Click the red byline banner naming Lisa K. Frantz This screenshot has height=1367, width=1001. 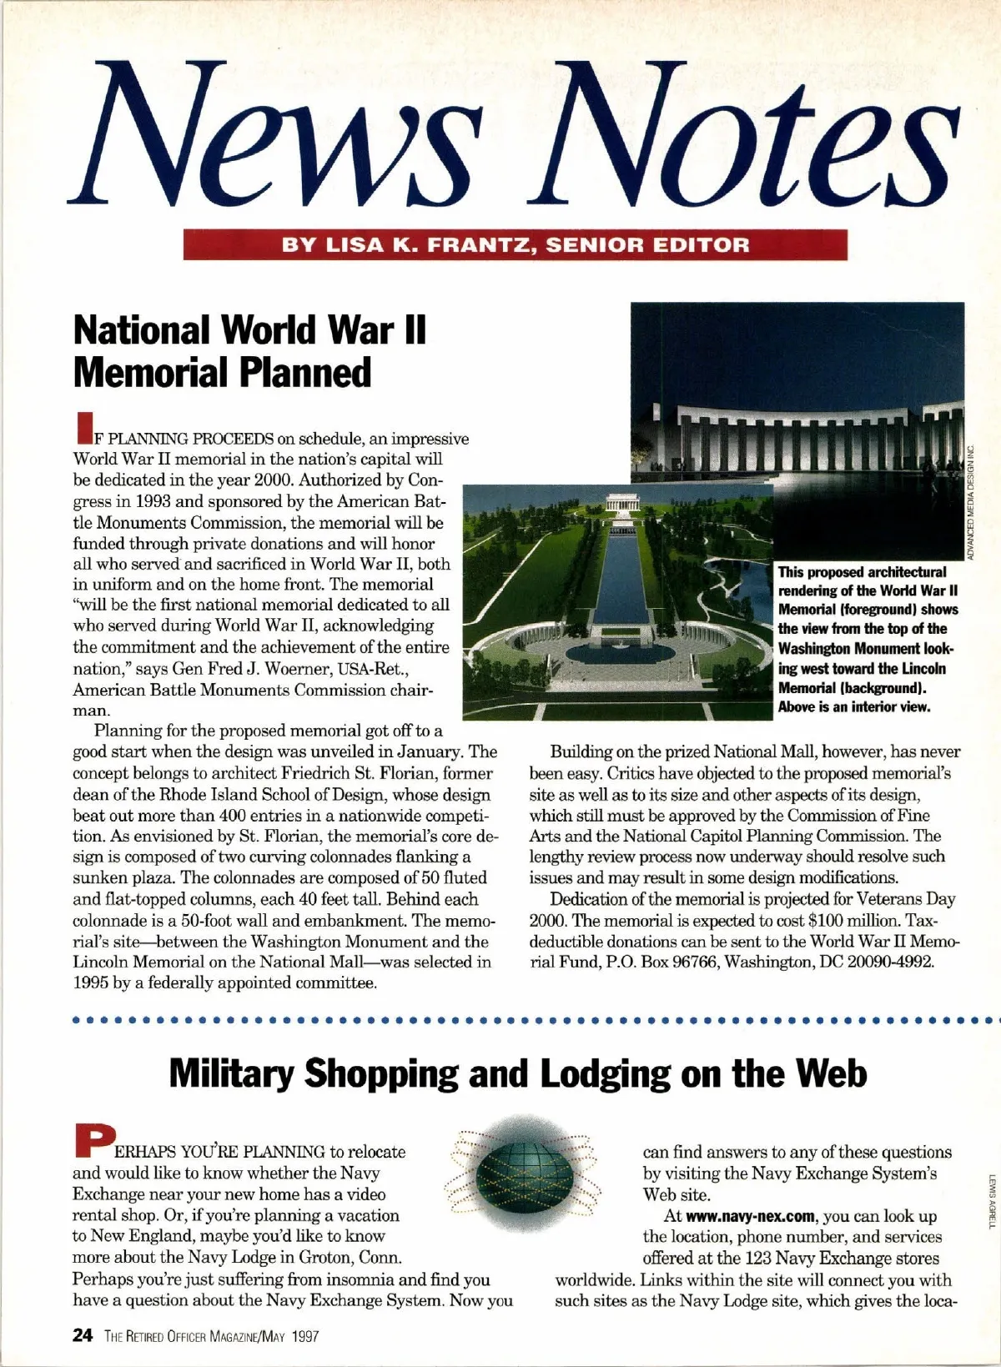pos(516,245)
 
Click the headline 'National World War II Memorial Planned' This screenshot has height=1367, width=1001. pos(249,351)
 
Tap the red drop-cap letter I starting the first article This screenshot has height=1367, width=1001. pos(82,426)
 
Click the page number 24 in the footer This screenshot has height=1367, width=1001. pos(83,1335)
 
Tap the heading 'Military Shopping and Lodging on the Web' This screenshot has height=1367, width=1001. pos(518,1074)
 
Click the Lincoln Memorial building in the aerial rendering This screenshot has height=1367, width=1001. pos(619,504)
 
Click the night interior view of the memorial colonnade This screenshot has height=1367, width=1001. pos(797,392)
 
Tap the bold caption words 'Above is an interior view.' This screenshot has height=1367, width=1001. pos(854,707)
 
